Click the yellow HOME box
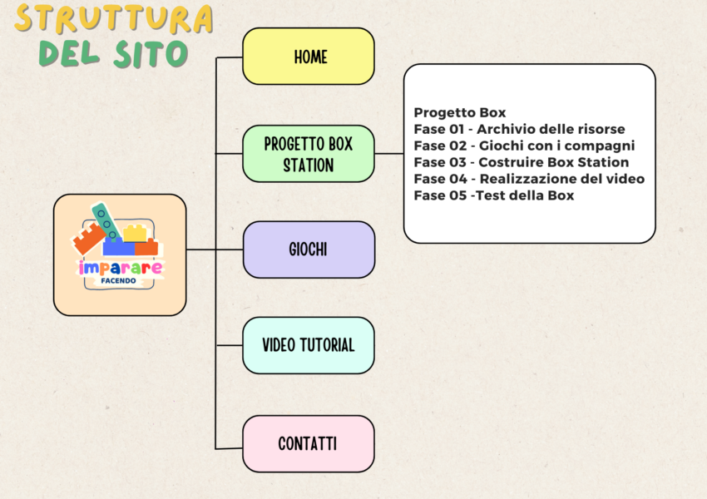point(309,57)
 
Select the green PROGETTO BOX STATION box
point(309,154)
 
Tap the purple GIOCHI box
point(309,249)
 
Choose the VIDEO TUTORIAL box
point(309,344)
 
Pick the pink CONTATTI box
point(309,443)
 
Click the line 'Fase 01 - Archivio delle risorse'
point(519,129)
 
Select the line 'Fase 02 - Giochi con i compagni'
point(524,146)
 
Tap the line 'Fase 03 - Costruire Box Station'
point(522,162)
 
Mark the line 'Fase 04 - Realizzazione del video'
point(529,179)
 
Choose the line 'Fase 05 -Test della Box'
point(494,195)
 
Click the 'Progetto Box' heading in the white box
point(460,112)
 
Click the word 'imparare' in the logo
point(120,268)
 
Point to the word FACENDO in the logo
point(120,281)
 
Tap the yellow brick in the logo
point(135,233)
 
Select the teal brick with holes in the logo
point(105,219)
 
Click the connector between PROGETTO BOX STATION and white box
point(389,154)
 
